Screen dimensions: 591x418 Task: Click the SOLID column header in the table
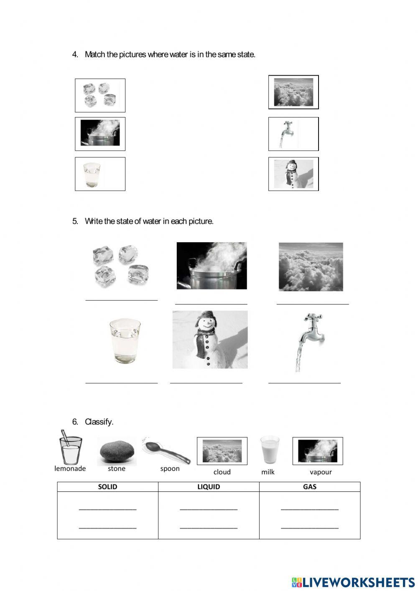107,486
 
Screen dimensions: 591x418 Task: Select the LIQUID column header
209,486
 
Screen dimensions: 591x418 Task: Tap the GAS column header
310,486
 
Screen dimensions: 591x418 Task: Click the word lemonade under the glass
70,468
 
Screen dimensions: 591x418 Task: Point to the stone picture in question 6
117,452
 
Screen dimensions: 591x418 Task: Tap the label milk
268,472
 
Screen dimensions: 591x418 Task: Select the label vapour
321,472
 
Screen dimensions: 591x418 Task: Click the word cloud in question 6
222,472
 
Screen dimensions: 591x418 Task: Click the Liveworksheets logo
353,582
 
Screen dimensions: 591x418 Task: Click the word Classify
99,422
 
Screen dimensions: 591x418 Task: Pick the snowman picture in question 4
293,174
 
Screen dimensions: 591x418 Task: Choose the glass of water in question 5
125,340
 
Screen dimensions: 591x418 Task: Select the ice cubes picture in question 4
100,95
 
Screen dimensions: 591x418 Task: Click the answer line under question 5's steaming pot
211,304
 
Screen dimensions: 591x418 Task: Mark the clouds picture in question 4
293,92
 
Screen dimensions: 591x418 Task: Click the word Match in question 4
94,54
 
